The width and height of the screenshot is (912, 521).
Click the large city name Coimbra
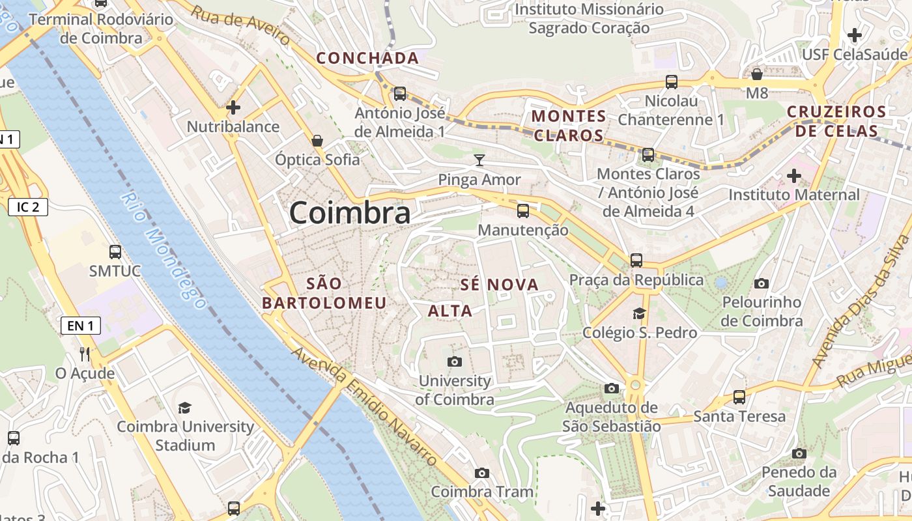tap(350, 213)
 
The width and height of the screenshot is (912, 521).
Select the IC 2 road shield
tap(28, 208)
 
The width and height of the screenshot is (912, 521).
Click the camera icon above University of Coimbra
tap(455, 361)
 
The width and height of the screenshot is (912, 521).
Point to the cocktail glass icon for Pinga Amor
tap(479, 160)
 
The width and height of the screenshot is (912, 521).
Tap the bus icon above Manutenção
tap(523, 211)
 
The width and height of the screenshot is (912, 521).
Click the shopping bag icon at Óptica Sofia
tap(317, 140)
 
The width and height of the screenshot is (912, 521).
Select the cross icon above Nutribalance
tap(233, 107)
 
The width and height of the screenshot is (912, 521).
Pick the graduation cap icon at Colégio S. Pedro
tap(639, 313)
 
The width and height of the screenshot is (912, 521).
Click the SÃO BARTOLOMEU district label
tap(324, 293)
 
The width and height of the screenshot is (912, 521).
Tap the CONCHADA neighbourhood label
tap(367, 58)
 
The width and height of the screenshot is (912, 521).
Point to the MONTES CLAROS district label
tap(569, 126)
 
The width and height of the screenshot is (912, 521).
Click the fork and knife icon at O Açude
tap(85, 354)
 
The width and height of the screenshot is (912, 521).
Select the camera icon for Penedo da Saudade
tap(799, 453)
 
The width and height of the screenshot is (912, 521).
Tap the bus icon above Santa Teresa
tap(739, 397)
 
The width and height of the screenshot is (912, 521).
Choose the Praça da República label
tap(636, 280)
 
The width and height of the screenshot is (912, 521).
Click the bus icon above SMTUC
tap(115, 251)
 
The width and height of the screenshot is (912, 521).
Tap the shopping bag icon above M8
tap(757, 74)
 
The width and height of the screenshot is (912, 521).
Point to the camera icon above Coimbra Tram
tap(482, 473)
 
